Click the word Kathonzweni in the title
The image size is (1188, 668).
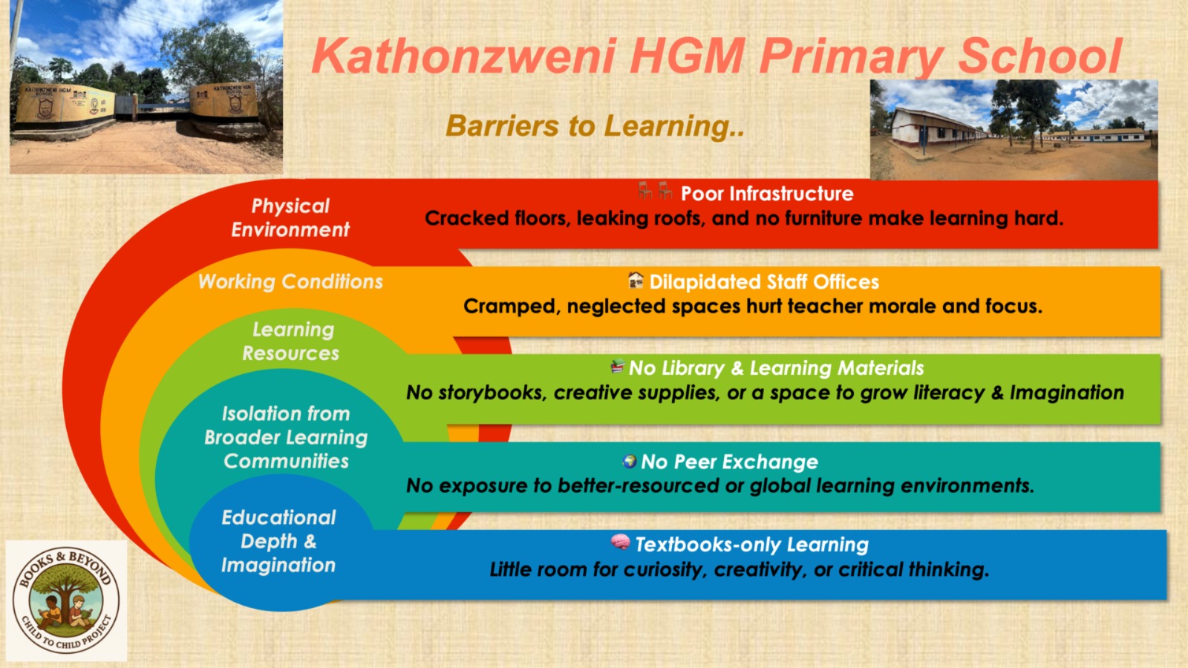point(464,56)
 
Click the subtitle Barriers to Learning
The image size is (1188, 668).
point(595,126)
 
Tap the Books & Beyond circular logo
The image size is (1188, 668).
point(67,601)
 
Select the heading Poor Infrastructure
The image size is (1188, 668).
point(767,194)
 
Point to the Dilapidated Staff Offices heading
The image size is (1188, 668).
point(764,282)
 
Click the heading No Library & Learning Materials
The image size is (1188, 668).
point(776,368)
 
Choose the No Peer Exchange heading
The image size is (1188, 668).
point(729,462)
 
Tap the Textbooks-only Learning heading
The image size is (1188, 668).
point(751,545)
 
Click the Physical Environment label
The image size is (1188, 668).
point(290,217)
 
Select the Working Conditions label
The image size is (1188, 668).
point(290,282)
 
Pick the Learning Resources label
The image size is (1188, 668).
point(291,341)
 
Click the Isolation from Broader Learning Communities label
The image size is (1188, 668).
point(286,437)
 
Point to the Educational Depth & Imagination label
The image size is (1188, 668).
point(278,541)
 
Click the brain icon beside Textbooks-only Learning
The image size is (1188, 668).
point(620,543)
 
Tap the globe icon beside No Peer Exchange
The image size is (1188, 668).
point(630,461)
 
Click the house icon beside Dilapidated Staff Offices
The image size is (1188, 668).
point(636,280)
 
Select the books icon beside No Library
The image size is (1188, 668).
point(617,367)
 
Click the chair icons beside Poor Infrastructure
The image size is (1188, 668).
point(655,191)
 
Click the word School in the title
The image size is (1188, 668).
point(1039,56)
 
